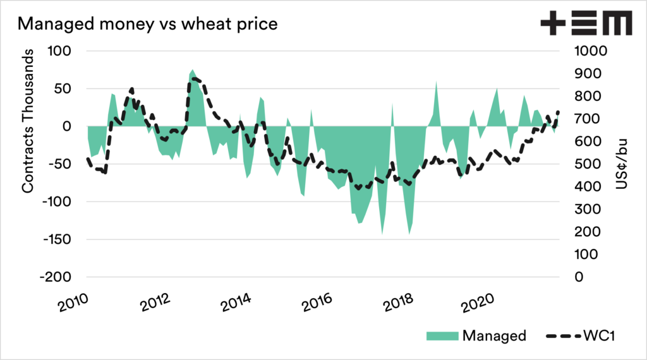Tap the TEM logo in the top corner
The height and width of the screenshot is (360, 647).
point(586,24)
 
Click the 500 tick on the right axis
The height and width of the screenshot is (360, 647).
point(582,164)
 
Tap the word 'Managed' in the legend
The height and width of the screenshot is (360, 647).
point(494,335)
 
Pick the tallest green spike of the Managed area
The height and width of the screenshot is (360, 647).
point(192,70)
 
